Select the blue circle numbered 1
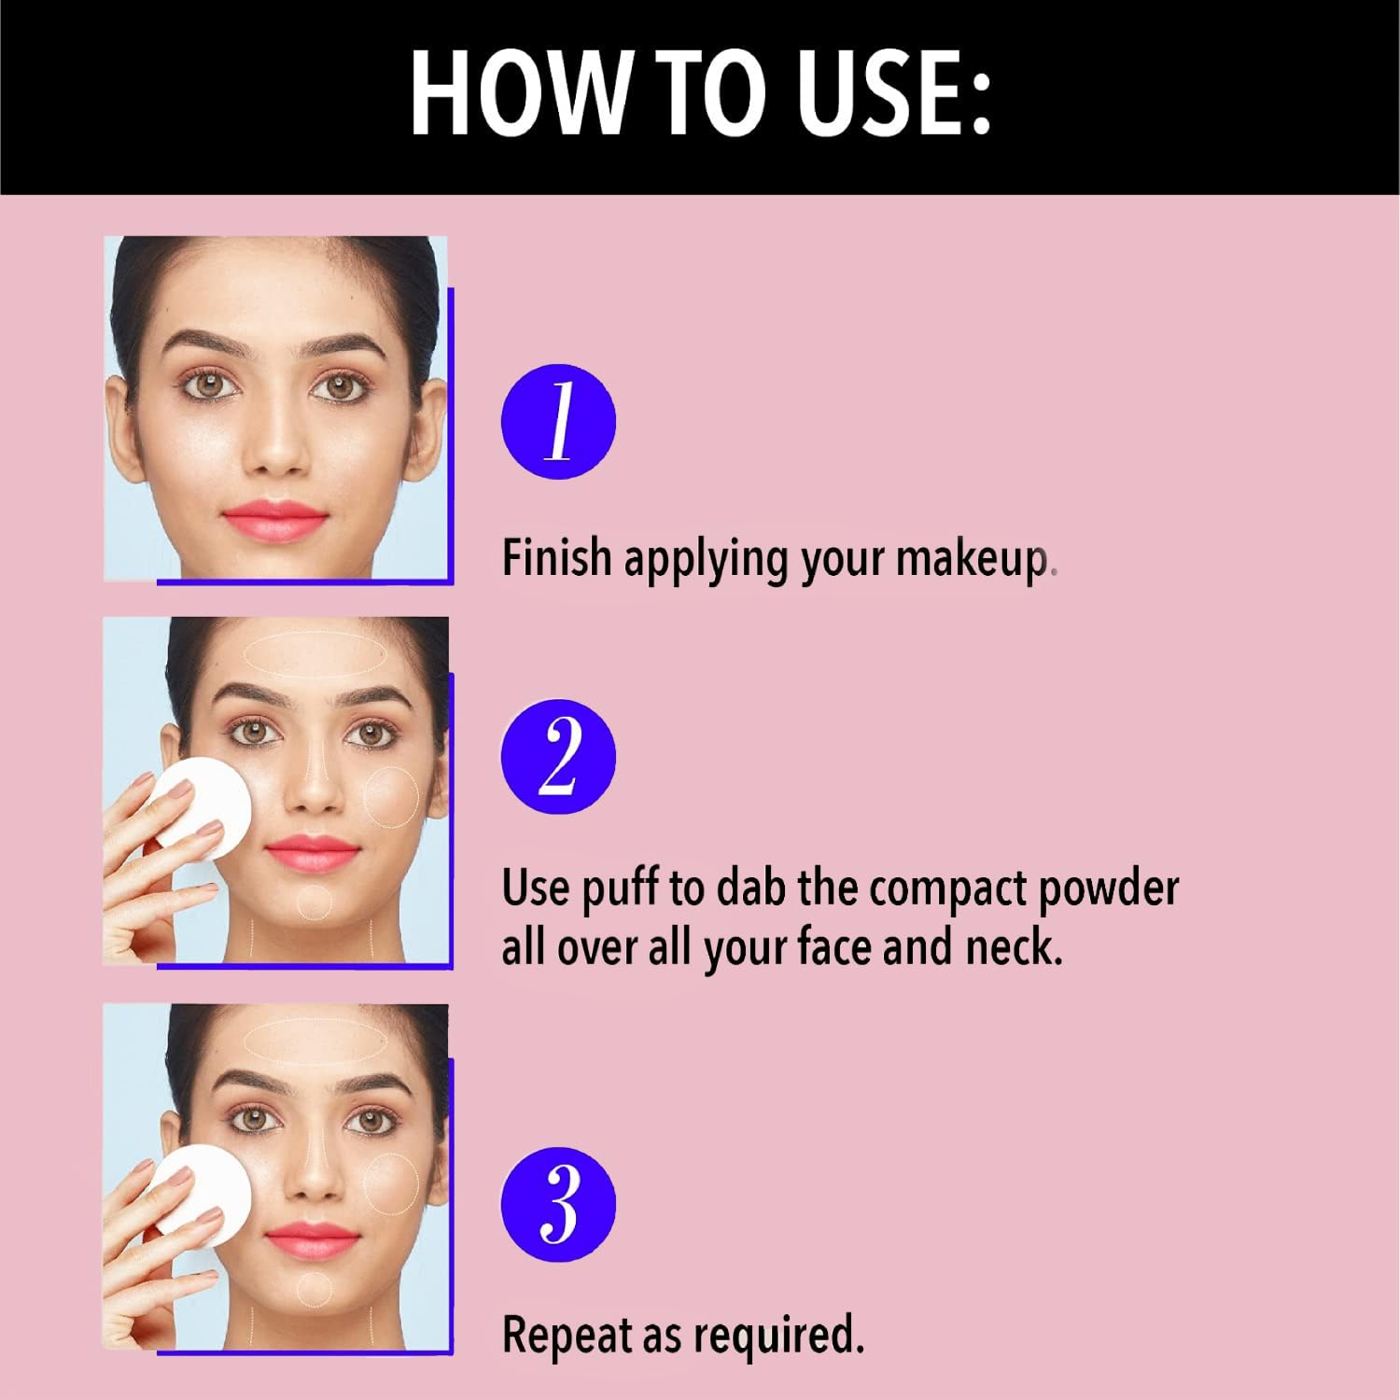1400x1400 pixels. (558, 422)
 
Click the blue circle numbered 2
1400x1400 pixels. (558, 756)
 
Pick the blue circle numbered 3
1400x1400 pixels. (558, 1204)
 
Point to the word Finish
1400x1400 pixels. (556, 557)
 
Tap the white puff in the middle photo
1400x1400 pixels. (203, 806)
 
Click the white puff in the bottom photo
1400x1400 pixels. (203, 1197)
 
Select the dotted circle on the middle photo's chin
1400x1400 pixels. (314, 902)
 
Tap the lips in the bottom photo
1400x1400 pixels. (312, 1239)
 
